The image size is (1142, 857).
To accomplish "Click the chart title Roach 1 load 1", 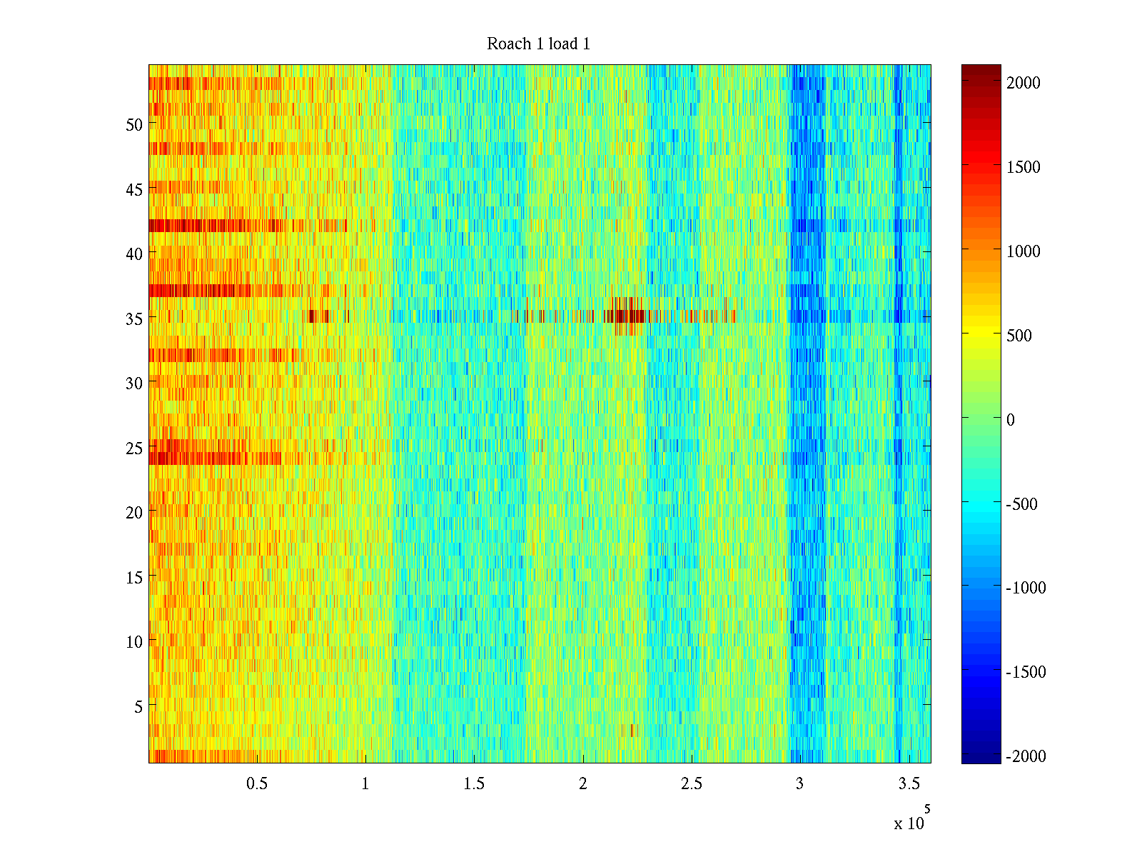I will coord(538,44).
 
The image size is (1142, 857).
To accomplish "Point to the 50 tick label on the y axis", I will coord(134,125).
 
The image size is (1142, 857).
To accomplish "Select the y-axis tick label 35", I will coord(134,319).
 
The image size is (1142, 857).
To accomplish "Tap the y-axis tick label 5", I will coord(138,707).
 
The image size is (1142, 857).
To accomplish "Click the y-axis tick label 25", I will coord(134,448).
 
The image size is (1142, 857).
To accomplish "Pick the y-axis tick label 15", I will coord(134,578).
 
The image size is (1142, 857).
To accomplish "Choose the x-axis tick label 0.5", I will coord(257,784).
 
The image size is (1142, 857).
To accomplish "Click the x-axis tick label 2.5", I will coord(691,784).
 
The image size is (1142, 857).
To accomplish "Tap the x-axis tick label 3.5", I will coord(909,784).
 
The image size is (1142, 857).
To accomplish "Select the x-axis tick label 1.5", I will coord(474,784).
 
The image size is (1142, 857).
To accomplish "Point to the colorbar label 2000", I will coord(1024,83).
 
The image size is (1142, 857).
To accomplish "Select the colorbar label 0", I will coord(1010,420).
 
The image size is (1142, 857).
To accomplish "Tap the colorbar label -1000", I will coord(1026,588).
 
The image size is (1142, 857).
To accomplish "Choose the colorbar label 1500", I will coord(1024,167).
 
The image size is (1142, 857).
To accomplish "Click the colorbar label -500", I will coord(1021,504).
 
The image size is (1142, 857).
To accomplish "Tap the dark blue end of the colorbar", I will coord(981,753).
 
